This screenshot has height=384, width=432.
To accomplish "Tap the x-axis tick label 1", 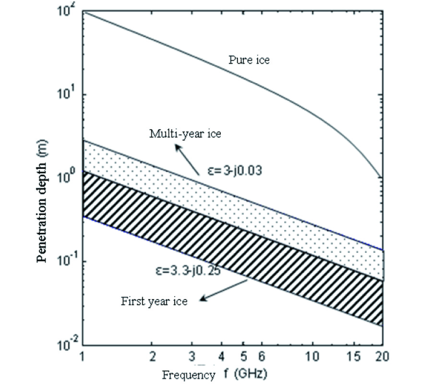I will tap(83, 358).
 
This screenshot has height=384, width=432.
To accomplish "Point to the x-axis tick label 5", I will tap(244, 358).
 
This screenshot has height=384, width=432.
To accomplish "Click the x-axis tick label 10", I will tap(312, 358).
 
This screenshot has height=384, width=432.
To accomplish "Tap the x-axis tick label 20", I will tap(382, 358).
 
